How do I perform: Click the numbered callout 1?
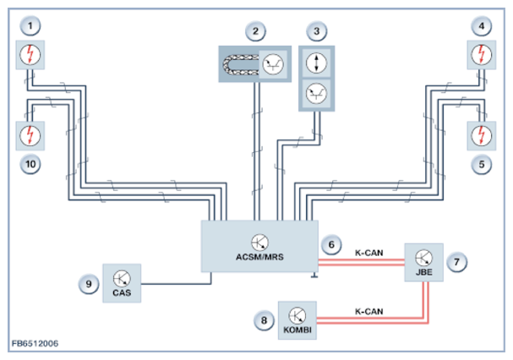[30, 26]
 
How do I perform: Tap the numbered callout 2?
[255, 31]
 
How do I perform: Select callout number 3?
[316, 31]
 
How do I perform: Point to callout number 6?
[331, 245]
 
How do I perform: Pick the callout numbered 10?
[30, 164]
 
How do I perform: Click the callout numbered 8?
[264, 320]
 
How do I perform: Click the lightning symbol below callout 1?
[30, 55]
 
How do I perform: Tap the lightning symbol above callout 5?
[481, 136]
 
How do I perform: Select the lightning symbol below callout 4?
[481, 55]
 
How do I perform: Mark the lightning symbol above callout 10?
[30, 136]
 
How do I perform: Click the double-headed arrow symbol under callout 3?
[316, 63]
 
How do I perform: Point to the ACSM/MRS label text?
[259, 257]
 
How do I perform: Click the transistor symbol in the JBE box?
[423, 258]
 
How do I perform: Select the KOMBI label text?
[297, 330]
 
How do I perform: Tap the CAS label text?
[122, 292]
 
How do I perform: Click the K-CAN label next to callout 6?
[369, 253]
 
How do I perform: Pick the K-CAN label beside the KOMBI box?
[369, 312]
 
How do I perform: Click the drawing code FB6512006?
[35, 344]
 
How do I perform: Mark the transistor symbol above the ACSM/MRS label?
[259, 243]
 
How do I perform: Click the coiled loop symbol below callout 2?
[241, 64]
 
